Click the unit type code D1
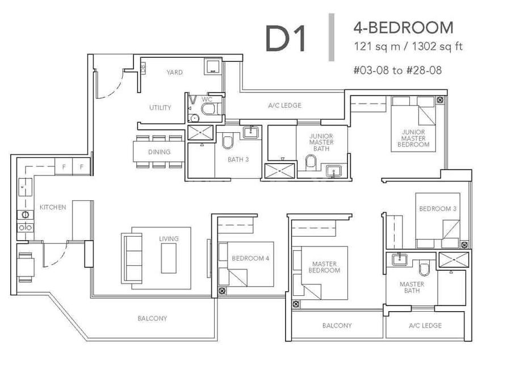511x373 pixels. (x=286, y=39)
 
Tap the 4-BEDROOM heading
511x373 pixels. (x=404, y=28)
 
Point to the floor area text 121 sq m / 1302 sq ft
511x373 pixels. (x=408, y=47)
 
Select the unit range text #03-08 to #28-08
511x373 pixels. (x=397, y=70)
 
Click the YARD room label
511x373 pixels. (x=174, y=72)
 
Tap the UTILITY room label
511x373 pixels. (x=160, y=107)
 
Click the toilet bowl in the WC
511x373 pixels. (x=208, y=109)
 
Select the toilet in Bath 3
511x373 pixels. (x=228, y=142)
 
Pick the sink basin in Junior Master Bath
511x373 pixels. (x=333, y=171)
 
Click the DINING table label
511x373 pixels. (x=160, y=152)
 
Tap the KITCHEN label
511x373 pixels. (x=53, y=207)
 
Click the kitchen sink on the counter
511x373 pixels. (x=25, y=187)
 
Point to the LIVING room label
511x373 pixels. (x=169, y=239)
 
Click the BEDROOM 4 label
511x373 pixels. (x=250, y=258)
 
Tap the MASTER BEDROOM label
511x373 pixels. (x=324, y=267)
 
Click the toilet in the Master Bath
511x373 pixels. (x=424, y=269)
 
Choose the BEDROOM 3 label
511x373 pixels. (x=438, y=208)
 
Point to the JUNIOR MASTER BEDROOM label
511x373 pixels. (x=413, y=138)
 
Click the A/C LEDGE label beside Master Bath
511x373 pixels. (x=425, y=325)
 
